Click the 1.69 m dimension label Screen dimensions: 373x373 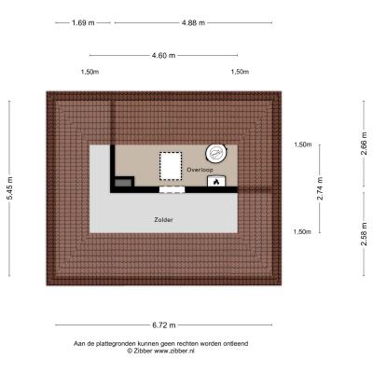tap(83, 22)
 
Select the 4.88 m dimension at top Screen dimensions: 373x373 tap(193, 22)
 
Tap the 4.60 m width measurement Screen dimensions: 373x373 tap(163, 55)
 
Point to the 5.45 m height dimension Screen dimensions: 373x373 tap(10, 188)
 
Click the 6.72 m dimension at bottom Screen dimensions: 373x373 tap(164, 325)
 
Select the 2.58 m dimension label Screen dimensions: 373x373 tap(364, 234)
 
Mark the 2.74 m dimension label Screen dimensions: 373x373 tap(320, 188)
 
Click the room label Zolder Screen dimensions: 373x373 tap(163, 220)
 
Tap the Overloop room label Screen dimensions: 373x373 tap(200, 170)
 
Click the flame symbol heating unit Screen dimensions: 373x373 tap(216, 181)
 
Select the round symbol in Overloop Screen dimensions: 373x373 tap(216, 154)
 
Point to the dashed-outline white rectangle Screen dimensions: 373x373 tap(171, 166)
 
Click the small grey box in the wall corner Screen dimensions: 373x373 tap(123, 183)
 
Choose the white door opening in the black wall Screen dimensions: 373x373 tap(172, 189)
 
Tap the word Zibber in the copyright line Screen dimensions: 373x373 tap(143, 351)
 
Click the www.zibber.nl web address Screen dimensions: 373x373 tap(174, 351)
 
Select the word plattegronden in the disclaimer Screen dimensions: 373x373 tap(117, 344)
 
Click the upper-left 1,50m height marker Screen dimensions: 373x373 tap(90, 72)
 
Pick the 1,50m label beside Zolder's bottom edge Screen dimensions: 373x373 tap(302, 232)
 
